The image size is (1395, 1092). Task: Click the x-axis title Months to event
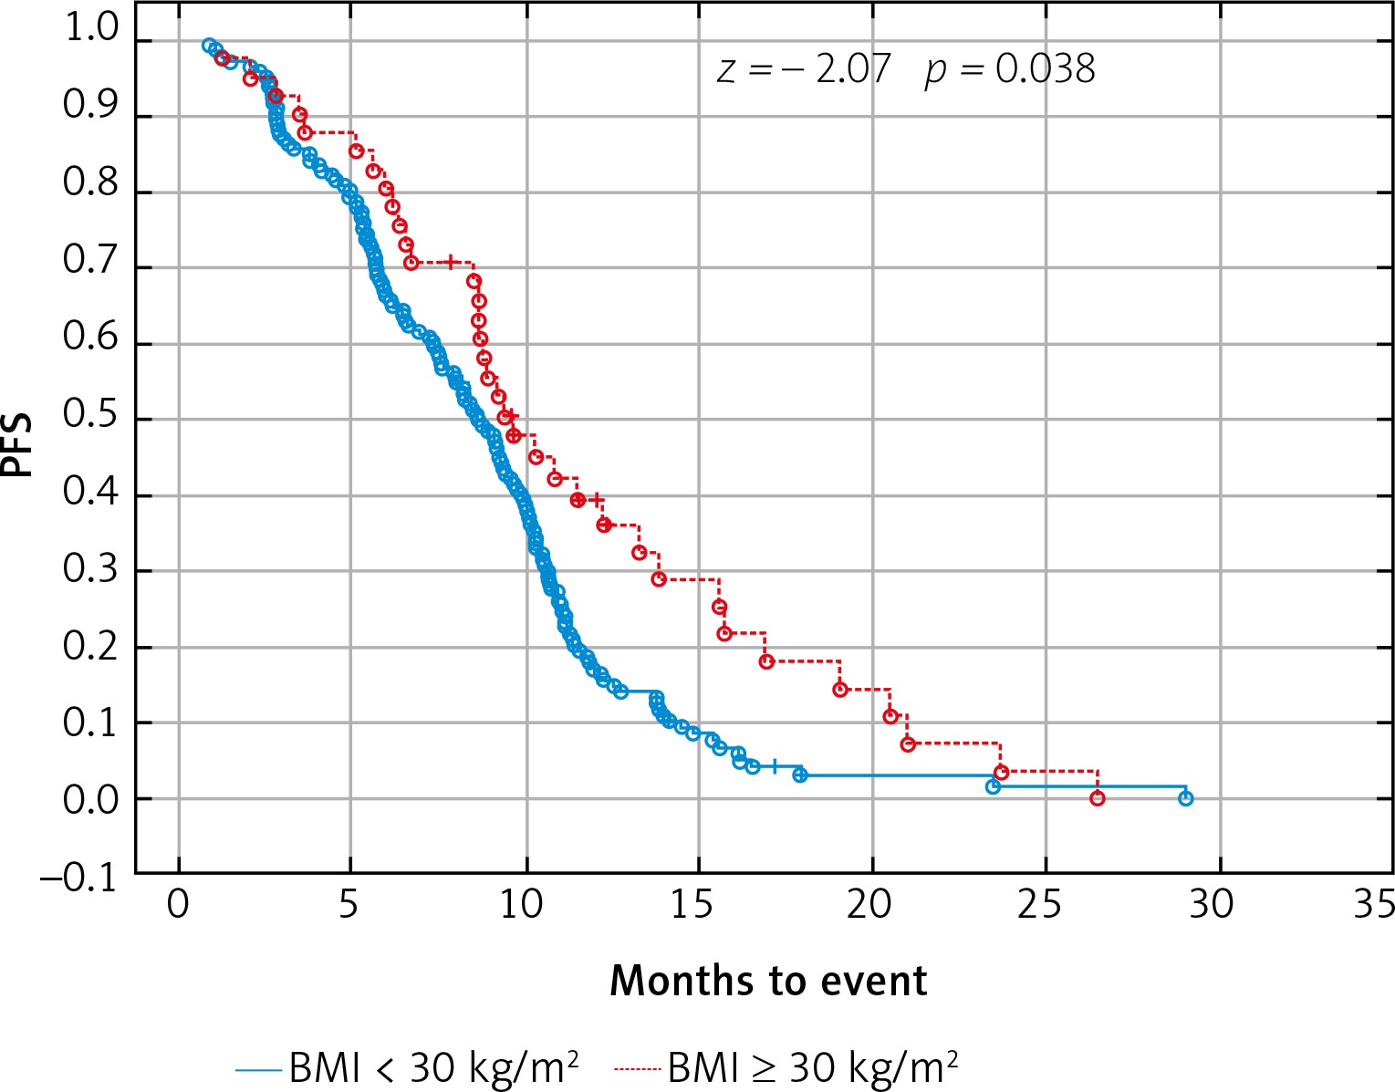(768, 981)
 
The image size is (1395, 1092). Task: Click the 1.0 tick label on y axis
(91, 30)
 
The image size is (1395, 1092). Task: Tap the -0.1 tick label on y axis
(79, 879)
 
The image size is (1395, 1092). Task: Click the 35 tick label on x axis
(1373, 905)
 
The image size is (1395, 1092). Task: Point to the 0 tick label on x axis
(179, 905)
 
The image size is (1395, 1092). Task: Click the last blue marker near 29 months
(1185, 798)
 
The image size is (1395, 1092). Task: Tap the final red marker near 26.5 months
(1098, 798)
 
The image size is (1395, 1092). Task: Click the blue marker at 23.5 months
(993, 786)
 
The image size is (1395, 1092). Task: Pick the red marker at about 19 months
(840, 689)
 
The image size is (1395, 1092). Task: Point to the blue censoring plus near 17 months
(774, 766)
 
